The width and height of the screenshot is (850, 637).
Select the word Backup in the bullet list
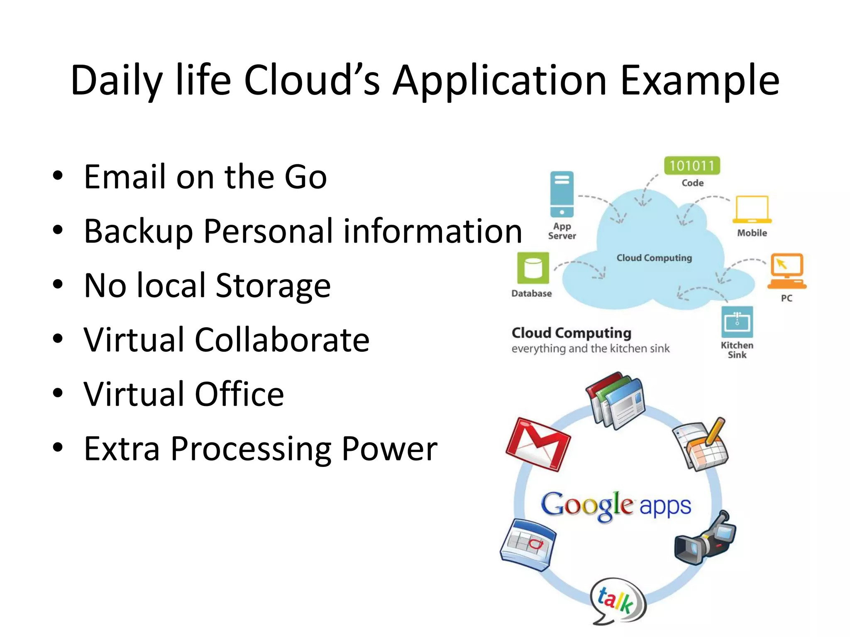pyautogui.click(x=139, y=231)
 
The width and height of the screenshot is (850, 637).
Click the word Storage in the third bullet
pyautogui.click(x=273, y=286)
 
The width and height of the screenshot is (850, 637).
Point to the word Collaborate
pyautogui.click(x=282, y=340)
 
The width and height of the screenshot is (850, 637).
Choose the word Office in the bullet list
pyautogui.click(x=239, y=394)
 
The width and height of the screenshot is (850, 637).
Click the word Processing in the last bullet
pyautogui.click(x=251, y=449)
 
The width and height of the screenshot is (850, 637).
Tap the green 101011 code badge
pyautogui.click(x=692, y=166)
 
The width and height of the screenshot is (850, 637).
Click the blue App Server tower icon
pyautogui.click(x=562, y=194)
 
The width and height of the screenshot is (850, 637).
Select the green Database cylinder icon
pyautogui.click(x=533, y=268)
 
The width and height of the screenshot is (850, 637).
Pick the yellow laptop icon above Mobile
pyautogui.click(x=752, y=209)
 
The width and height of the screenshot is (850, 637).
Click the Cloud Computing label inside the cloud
pyautogui.click(x=654, y=258)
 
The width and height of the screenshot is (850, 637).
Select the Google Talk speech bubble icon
pyautogui.click(x=618, y=601)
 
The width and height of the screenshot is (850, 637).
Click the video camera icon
pyautogui.click(x=705, y=539)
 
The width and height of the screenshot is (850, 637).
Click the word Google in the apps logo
pyautogui.click(x=587, y=505)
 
